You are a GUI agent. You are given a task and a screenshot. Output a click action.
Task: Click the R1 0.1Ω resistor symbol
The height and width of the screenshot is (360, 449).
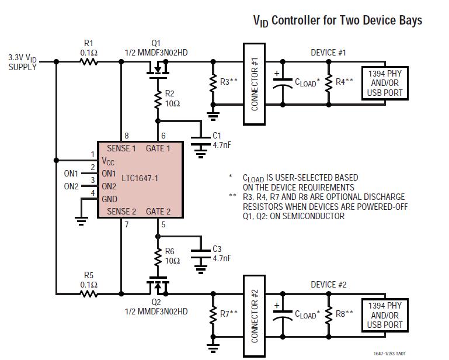coord(89,61)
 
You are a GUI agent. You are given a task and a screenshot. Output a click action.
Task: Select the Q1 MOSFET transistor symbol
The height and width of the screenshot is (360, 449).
coord(156,70)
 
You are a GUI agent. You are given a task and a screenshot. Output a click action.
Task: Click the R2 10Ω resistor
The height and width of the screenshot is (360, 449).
coord(157,99)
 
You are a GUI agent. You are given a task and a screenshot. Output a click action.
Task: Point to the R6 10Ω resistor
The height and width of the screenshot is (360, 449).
coord(157,256)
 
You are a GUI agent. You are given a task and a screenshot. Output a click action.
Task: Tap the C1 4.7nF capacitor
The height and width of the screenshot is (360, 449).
coord(200,140)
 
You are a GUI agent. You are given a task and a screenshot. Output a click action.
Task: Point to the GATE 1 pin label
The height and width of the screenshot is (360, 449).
coord(158,148)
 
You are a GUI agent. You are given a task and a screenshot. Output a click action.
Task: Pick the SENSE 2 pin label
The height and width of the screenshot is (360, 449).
coord(121,212)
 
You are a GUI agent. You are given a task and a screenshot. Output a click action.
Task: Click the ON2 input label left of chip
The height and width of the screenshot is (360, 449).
coord(71,186)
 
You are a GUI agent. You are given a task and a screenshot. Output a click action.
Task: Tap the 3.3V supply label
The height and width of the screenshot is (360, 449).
coord(22,62)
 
